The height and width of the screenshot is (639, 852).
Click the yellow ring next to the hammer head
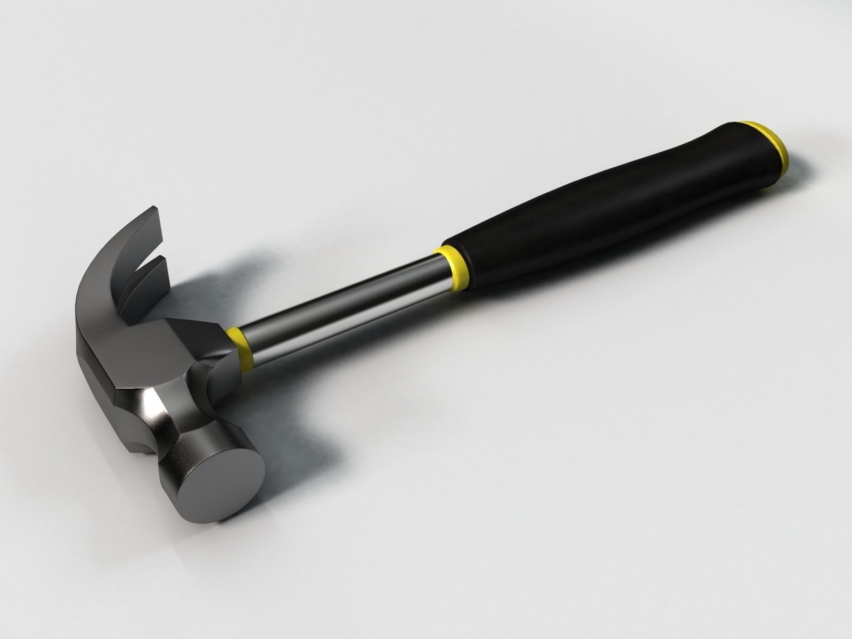click(239, 344)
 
